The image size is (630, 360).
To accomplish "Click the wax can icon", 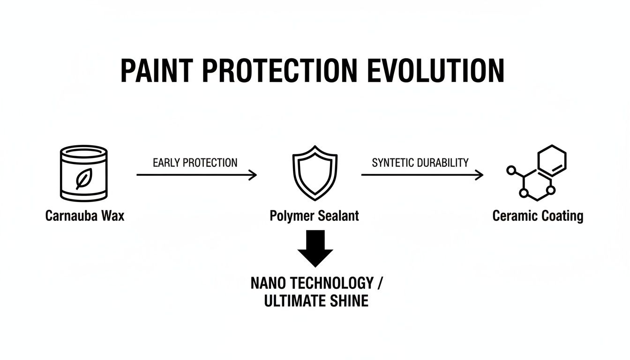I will click(84, 173).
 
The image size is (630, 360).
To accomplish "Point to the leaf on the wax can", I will click(84, 179).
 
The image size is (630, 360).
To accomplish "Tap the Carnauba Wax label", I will click(85, 216).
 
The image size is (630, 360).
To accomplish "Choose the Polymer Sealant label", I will click(314, 216).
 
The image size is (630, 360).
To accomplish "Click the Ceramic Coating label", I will click(538, 216).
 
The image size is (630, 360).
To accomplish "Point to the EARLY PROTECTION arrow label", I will click(195, 163).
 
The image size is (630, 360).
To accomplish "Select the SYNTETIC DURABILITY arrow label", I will click(420, 163).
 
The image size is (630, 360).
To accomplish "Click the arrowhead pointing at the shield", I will click(253, 175).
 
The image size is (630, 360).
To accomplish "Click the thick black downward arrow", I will click(315, 248).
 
